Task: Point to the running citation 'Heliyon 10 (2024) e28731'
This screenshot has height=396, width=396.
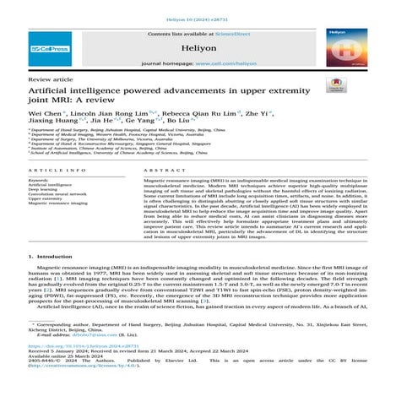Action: tap(198, 8)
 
